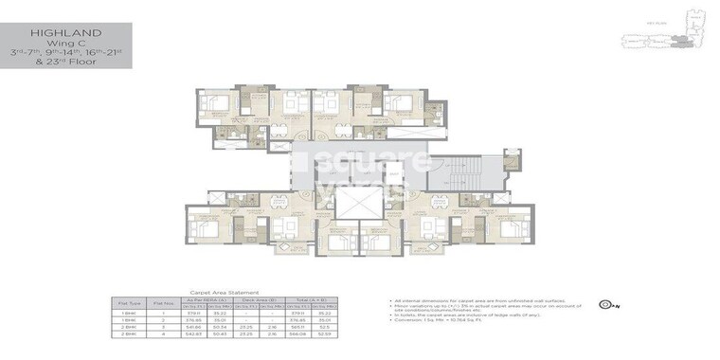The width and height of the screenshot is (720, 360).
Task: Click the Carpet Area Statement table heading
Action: (x=225, y=294)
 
